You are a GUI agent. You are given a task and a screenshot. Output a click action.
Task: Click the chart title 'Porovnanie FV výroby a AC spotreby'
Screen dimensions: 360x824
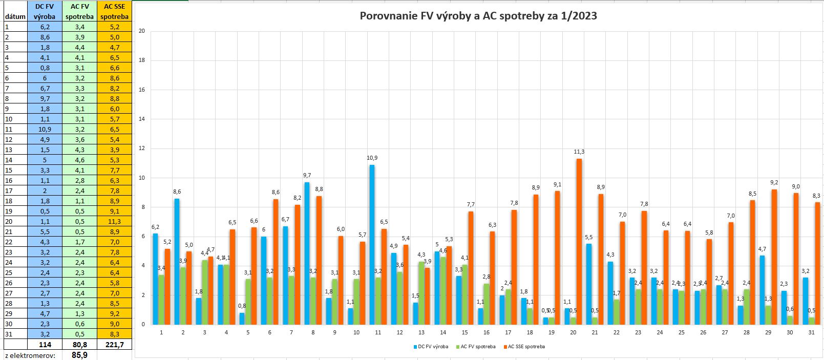(478, 16)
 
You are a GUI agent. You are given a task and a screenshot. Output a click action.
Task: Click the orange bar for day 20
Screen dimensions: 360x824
(579, 241)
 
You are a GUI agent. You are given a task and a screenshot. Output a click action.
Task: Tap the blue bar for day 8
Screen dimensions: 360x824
(307, 253)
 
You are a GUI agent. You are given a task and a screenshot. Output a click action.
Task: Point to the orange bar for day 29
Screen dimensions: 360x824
(774, 257)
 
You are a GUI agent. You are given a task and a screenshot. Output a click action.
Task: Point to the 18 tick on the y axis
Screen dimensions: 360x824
(142, 60)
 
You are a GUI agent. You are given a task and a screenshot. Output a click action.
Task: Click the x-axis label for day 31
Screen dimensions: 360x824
(811, 333)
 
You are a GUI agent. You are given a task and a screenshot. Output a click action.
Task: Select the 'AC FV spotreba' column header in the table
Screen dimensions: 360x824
(79, 11)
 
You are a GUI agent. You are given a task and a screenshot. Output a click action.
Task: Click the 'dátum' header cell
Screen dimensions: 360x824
(14, 16)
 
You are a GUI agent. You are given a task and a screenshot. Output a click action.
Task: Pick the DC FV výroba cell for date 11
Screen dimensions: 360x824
(45, 129)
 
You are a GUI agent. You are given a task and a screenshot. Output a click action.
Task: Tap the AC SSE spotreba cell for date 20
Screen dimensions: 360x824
(114, 221)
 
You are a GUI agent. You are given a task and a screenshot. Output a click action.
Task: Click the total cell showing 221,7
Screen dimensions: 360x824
(114, 345)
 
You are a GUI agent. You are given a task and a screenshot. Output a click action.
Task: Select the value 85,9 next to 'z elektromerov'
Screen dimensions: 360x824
(79, 355)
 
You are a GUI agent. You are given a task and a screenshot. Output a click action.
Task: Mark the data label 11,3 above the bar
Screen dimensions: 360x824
(579, 152)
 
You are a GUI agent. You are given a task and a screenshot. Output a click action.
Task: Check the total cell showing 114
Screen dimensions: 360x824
(45, 345)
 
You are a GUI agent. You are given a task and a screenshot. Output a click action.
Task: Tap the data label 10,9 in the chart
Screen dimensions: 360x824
(372, 158)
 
